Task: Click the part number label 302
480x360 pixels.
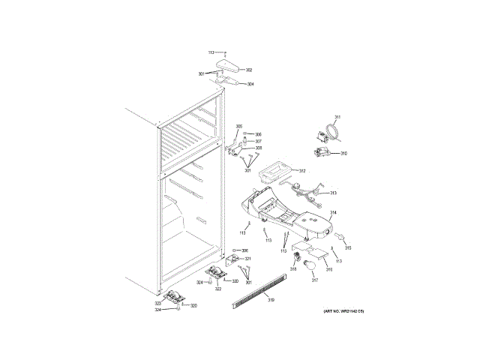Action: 249,70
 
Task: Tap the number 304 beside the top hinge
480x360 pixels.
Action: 250,84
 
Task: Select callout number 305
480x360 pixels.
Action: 239,126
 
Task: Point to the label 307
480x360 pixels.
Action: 258,141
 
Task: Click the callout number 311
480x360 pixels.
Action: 337,117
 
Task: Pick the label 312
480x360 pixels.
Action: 302,171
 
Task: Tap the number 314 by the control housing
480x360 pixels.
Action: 332,213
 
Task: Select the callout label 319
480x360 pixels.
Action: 271,300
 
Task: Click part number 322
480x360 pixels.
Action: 218,289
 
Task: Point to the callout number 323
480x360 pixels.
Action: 158,303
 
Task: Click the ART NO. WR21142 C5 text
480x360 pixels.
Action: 343,310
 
